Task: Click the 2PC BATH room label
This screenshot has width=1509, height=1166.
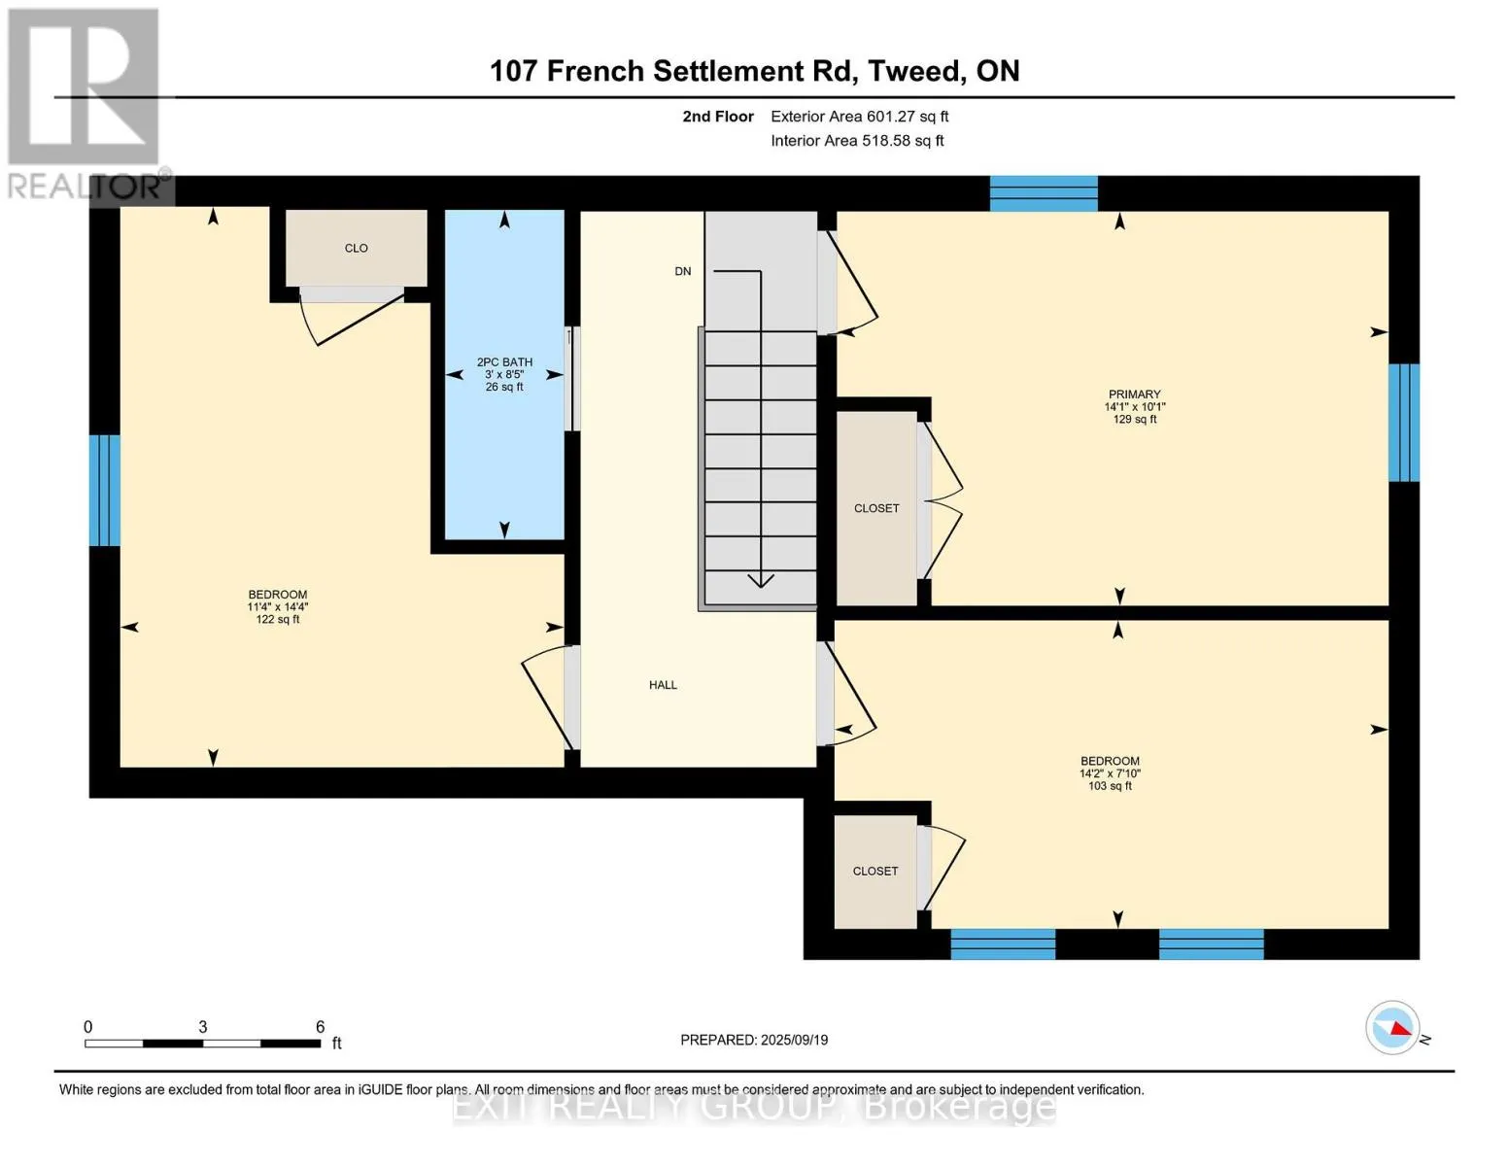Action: pyautogui.click(x=504, y=361)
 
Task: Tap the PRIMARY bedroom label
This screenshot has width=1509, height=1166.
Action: pyautogui.click(x=1134, y=394)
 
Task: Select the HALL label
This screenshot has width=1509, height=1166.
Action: pyautogui.click(x=663, y=685)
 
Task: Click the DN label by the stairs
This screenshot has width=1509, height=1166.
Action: pyautogui.click(x=683, y=271)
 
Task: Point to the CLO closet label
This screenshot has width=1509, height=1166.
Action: pyautogui.click(x=356, y=248)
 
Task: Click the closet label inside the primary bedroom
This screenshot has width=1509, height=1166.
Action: pyautogui.click(x=876, y=508)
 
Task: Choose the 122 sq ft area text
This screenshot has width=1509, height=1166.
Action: pyautogui.click(x=277, y=620)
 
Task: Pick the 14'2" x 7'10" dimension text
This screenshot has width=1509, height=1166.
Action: pyautogui.click(x=1110, y=773)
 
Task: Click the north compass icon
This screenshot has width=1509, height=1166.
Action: pyautogui.click(x=1393, y=1027)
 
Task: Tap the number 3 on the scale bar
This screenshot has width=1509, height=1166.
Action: pyautogui.click(x=202, y=1027)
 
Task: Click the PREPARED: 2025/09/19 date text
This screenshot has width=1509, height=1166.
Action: pyautogui.click(x=754, y=1040)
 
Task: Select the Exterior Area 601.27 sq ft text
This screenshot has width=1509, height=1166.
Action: pyautogui.click(x=859, y=117)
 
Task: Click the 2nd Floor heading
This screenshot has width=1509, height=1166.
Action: pyautogui.click(x=718, y=117)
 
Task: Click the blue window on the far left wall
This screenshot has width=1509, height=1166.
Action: pyautogui.click(x=104, y=490)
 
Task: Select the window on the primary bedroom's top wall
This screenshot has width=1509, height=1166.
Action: pyautogui.click(x=1044, y=193)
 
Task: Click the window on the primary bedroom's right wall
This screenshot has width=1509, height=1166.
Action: pyautogui.click(x=1403, y=423)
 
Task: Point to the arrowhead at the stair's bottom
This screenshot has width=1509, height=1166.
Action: pyautogui.click(x=761, y=580)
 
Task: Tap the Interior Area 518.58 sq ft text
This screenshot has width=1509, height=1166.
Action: pyautogui.click(x=857, y=141)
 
